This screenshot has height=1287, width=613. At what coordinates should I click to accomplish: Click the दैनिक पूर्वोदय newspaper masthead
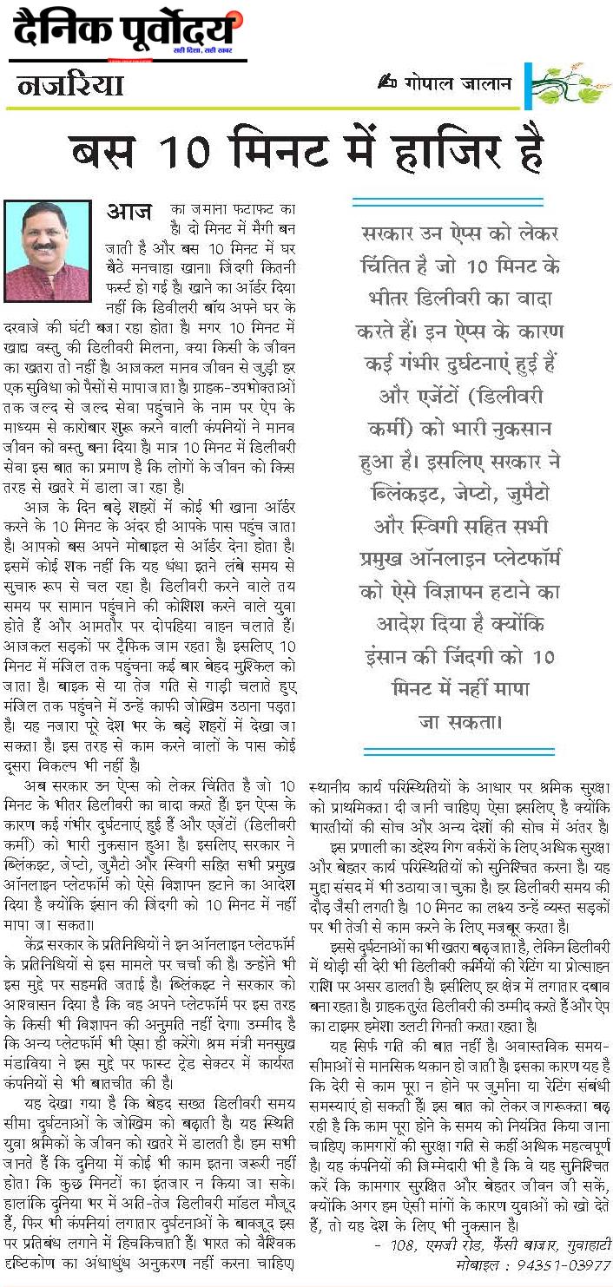pyautogui.click(x=126, y=33)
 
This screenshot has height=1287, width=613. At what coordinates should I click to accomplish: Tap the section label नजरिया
pyautogui.click(x=70, y=86)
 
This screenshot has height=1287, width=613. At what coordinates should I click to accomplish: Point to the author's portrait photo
pyautogui.click(x=48, y=252)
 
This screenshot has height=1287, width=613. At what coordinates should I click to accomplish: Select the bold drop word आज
pyautogui.click(x=129, y=213)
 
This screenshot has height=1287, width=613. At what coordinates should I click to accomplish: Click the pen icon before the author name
pyautogui.click(x=387, y=82)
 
